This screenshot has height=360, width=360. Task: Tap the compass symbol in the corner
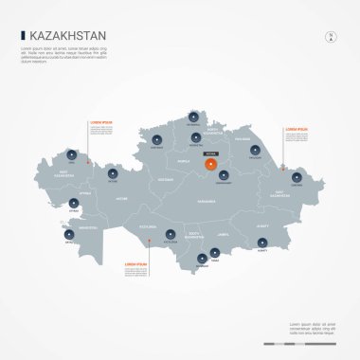click(331, 37)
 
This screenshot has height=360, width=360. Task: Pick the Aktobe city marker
click(113, 173)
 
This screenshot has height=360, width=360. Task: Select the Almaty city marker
click(261, 243)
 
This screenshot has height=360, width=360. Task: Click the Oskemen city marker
click(297, 177)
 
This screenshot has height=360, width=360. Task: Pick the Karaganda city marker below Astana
click(224, 175)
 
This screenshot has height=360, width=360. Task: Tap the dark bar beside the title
click(23, 35)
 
